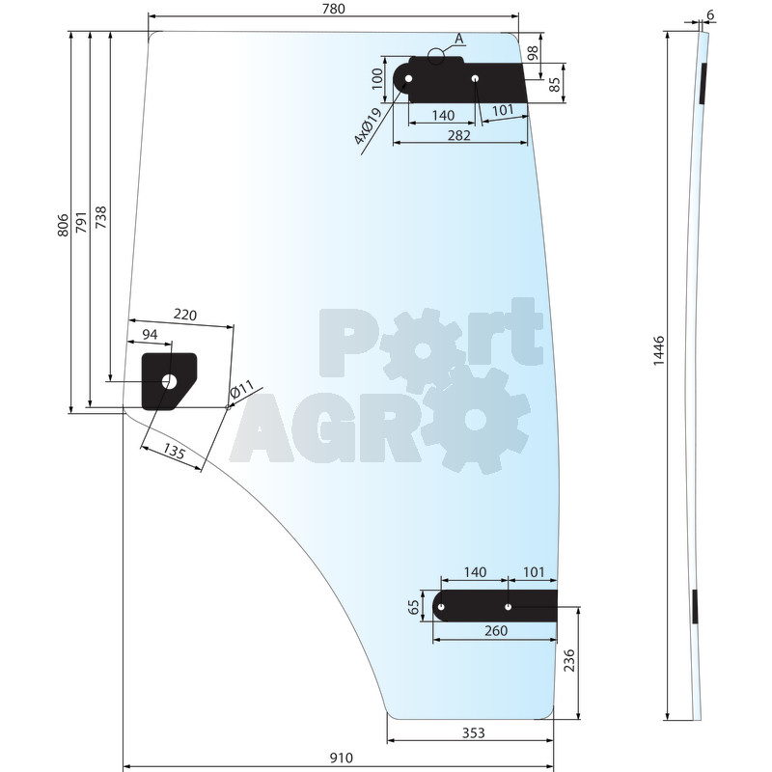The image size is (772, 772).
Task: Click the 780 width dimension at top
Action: (333, 9)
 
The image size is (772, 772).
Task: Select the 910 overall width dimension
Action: (342, 758)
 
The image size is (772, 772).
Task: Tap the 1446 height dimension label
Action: (659, 351)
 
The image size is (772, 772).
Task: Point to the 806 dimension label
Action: (63, 225)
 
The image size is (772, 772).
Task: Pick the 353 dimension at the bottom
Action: (473, 733)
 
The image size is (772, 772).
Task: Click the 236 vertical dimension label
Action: (569, 660)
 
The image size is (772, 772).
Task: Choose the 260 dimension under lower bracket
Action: (496, 631)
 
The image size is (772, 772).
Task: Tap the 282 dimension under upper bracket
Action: (459, 135)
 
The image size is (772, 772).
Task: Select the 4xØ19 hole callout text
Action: (368, 126)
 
